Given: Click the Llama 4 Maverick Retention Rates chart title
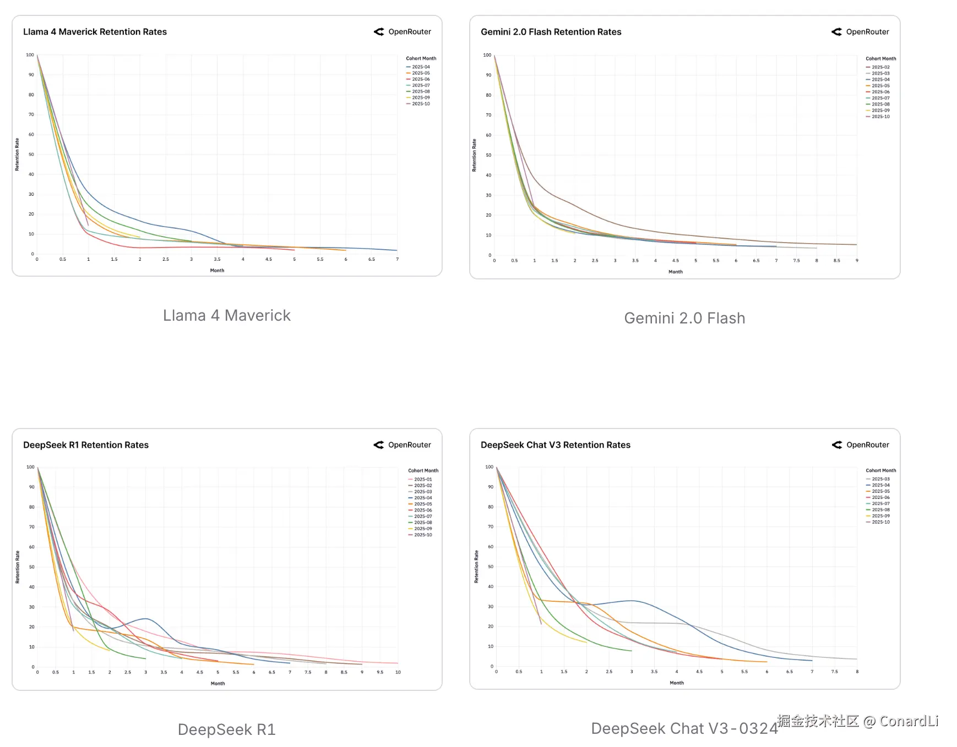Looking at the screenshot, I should pyautogui.click(x=95, y=32).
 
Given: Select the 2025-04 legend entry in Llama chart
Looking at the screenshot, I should pyautogui.click(x=421, y=67).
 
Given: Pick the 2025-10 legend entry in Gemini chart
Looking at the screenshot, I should pyautogui.click(x=880, y=117).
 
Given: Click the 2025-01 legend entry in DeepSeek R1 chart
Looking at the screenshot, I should pyautogui.click(x=423, y=479).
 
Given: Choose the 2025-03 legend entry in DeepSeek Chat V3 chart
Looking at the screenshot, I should pyautogui.click(x=880, y=479).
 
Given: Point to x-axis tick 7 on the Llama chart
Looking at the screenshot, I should pyautogui.click(x=397, y=259).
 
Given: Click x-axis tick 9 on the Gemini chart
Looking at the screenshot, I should pyautogui.click(x=857, y=261).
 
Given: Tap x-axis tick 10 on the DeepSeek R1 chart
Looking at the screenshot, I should pyautogui.click(x=398, y=672).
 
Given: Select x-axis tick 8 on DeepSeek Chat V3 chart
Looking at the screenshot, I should pyautogui.click(x=857, y=672).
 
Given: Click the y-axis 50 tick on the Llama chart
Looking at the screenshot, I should pyautogui.click(x=31, y=155).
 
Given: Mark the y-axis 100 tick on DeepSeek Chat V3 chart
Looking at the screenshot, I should pyautogui.click(x=489, y=467).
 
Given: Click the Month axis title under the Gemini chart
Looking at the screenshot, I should pyautogui.click(x=676, y=272).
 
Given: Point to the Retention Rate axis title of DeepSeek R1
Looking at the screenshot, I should pyautogui.click(x=18, y=567).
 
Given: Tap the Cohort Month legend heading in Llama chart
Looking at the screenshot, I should pyautogui.click(x=421, y=58).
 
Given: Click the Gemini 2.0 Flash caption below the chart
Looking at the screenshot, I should pyautogui.click(x=684, y=318).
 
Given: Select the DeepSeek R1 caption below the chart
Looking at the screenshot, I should pyautogui.click(x=226, y=729).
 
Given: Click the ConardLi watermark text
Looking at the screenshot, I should pyautogui.click(x=858, y=721).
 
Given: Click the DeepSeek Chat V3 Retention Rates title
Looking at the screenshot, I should pyautogui.click(x=555, y=445).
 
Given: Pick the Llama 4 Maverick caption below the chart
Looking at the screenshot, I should pyautogui.click(x=226, y=315).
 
